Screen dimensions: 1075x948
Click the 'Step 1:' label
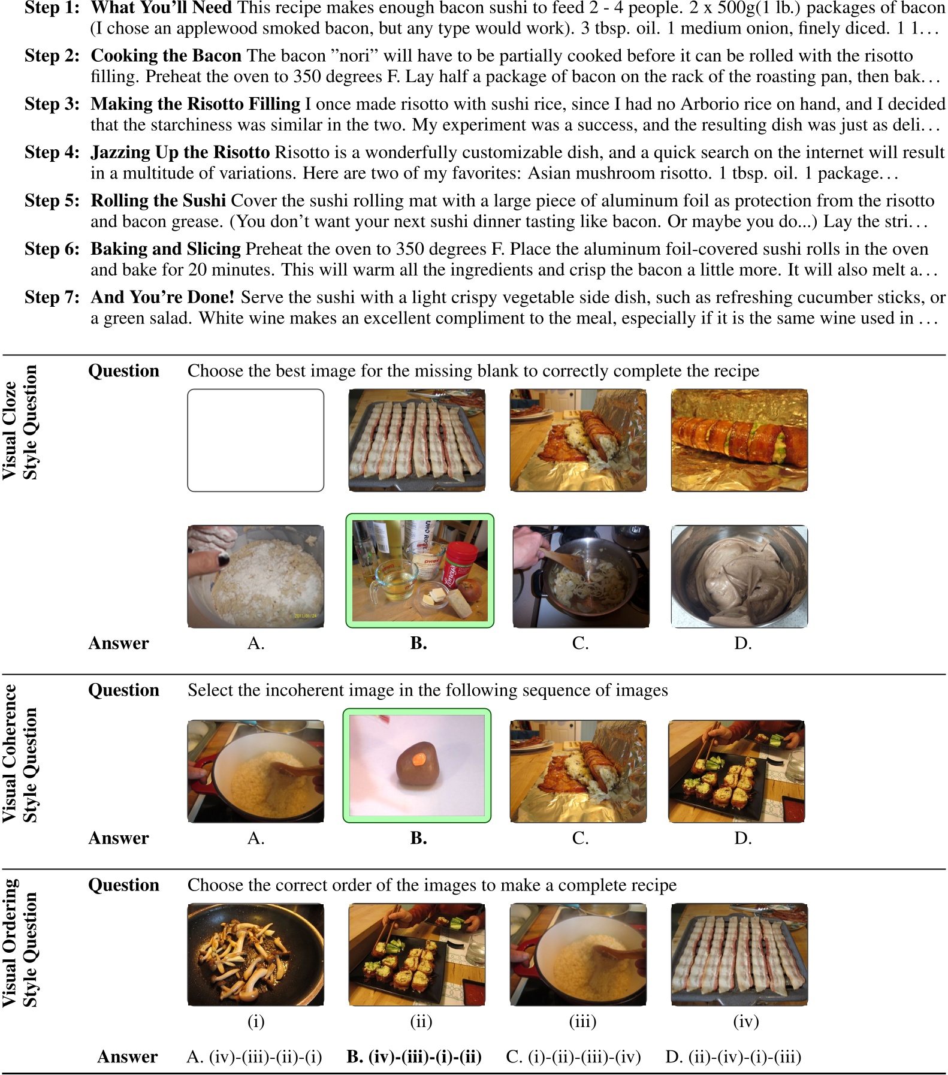[x=52, y=8]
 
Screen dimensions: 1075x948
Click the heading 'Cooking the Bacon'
[x=165, y=56]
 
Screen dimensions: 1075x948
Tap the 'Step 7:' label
[x=52, y=297]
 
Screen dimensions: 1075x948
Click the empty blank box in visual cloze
[x=256, y=440]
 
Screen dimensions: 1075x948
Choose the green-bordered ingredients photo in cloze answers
[x=419, y=570]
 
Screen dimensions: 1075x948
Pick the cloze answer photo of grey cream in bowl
[x=739, y=576]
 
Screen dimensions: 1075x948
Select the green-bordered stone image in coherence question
[x=417, y=766]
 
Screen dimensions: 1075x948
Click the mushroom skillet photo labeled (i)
[x=256, y=955]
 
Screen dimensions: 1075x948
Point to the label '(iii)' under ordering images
[x=582, y=1022]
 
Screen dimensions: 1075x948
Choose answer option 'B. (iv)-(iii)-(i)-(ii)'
[x=414, y=1056]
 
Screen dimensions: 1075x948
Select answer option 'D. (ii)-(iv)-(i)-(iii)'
[x=733, y=1056]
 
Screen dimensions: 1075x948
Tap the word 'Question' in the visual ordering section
[x=123, y=885]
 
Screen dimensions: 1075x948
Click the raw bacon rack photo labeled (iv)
[x=739, y=955]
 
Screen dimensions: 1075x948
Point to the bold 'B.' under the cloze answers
[x=418, y=643]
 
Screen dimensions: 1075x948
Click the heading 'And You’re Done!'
[x=162, y=297]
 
